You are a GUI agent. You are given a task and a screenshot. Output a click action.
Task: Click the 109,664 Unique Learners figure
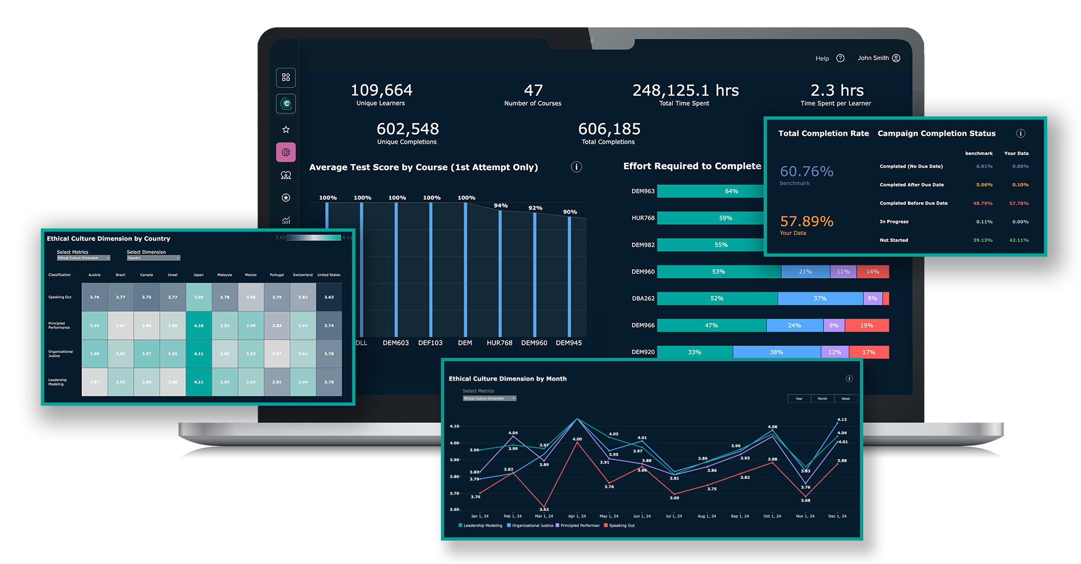tap(381, 90)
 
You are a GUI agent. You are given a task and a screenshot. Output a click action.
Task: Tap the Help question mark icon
tap(840, 58)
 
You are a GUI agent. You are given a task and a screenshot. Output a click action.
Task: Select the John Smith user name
tap(873, 58)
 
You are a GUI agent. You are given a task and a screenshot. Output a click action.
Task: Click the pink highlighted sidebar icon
tap(286, 152)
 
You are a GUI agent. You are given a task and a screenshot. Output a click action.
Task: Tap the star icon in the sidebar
tap(286, 129)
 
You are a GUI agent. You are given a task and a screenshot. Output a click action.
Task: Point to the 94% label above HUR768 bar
tap(500, 206)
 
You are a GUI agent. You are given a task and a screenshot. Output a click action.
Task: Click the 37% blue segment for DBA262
tap(820, 299)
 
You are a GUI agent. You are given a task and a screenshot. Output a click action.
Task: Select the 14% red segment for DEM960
tap(872, 272)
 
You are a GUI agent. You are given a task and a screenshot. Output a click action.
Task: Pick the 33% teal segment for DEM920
tap(694, 352)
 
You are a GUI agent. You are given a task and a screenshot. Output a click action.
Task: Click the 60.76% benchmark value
tap(806, 172)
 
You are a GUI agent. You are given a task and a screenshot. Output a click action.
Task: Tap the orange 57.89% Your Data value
tap(806, 221)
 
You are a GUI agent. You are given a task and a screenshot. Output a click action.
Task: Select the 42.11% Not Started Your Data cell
tap(1018, 240)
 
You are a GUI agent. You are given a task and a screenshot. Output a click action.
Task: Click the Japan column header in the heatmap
tap(199, 275)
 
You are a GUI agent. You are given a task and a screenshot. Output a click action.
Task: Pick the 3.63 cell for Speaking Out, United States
tap(329, 298)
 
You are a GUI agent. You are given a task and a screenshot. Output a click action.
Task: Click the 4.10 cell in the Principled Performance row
tap(199, 326)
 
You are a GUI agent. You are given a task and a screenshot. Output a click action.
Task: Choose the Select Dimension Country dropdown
tap(153, 258)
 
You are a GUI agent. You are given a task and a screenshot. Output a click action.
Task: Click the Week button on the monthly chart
tap(845, 399)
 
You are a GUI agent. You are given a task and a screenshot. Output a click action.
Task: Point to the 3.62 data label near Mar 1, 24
tap(544, 509)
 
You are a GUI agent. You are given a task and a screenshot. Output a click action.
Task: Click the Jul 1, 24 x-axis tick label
tap(673, 516)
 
